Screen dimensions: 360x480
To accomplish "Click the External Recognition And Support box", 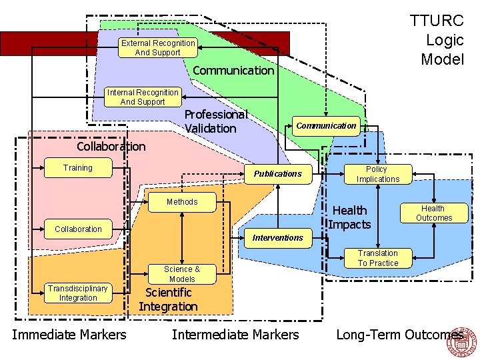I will point(158,48).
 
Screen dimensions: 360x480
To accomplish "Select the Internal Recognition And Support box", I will point(142,97).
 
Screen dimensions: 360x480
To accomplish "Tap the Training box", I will point(77,168).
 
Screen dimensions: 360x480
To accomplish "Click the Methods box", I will point(182,202).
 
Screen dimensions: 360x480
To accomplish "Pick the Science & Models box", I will point(182,274).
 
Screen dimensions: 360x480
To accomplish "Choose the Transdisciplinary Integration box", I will point(78,293).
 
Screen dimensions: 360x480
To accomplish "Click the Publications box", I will point(278,174).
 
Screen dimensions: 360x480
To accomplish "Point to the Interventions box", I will point(278,238).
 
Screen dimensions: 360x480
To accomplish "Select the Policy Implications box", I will point(378,174).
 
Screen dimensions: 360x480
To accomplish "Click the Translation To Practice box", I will point(378,258).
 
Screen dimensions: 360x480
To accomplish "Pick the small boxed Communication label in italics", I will point(326,125).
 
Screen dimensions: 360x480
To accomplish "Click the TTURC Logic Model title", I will point(437,40).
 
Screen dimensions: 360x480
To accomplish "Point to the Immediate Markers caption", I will point(69,335).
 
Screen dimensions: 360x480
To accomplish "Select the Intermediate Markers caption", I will point(235,335).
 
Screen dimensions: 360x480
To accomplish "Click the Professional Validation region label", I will point(215,121).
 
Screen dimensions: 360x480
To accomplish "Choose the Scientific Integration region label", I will point(168,299).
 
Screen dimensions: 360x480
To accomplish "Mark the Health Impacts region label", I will point(349,217).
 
